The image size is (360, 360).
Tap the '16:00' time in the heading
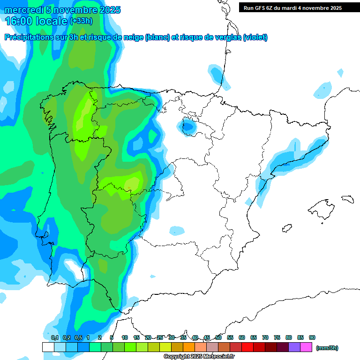[21, 21]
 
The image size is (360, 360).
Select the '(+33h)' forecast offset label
[81, 21]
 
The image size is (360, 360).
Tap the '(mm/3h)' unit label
[327, 348]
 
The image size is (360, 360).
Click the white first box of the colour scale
[48, 347]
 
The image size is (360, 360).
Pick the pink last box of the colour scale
[306, 347]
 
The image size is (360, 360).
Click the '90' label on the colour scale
[312, 337]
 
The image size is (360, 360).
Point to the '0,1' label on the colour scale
[55, 337]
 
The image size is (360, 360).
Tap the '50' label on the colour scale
[218, 337]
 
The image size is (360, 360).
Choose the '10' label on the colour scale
[125, 337]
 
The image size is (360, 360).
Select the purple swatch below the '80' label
[294, 347]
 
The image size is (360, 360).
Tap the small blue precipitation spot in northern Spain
[188, 126]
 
